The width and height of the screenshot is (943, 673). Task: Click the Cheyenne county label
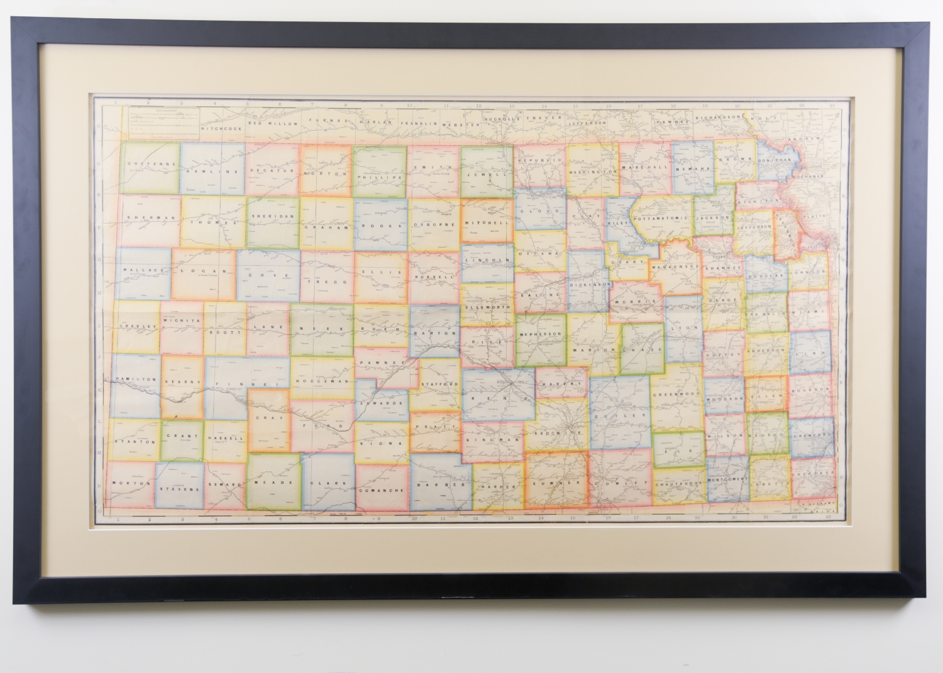145,163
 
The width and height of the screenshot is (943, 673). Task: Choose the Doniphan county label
773,160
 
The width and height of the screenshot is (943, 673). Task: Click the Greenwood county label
676,393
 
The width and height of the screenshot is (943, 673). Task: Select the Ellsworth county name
488,307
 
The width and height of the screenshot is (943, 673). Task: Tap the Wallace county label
143,270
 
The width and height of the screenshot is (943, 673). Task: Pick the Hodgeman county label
321,381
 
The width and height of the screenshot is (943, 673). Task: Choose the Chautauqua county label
678,484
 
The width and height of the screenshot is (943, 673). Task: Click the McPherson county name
540,333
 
